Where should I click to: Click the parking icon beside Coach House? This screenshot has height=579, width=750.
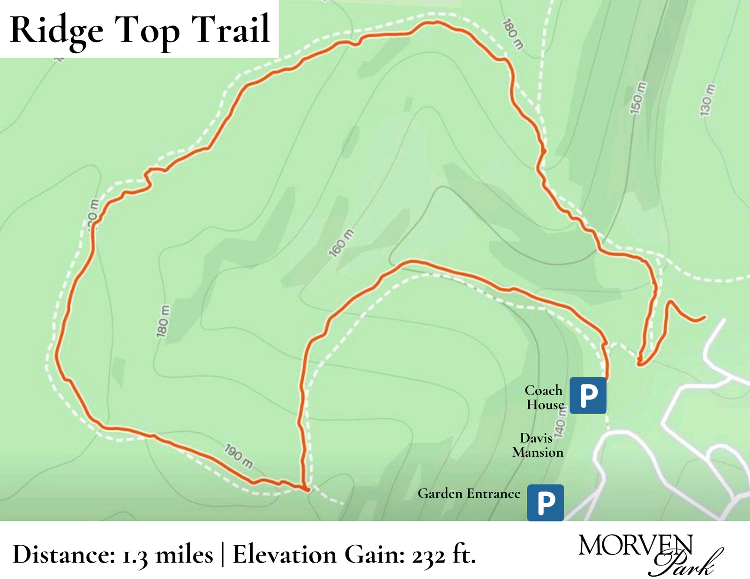pos(588,395)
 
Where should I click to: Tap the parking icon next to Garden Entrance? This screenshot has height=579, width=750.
pos(545,503)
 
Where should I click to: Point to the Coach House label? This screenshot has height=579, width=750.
pos(544,397)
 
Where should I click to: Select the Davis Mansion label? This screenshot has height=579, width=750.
pos(538,445)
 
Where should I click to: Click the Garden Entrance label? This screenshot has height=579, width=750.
pos(469,493)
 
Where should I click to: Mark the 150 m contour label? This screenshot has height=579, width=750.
pos(638,98)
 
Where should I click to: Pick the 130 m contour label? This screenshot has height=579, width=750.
pos(707,100)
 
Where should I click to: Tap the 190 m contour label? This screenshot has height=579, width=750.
pos(239,456)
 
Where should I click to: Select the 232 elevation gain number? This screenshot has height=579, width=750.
pos(428,557)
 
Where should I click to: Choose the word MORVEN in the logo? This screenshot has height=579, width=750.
pos(635,546)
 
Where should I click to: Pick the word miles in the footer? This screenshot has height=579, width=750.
pos(184,555)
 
